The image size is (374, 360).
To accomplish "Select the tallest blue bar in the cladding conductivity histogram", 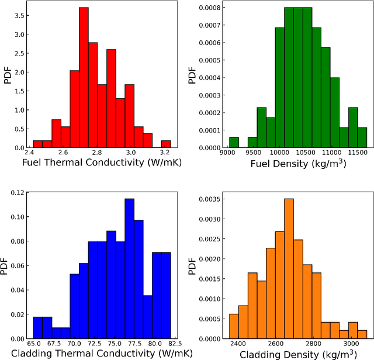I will click(129, 268).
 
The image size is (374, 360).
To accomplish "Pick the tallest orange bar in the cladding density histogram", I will click(289, 268).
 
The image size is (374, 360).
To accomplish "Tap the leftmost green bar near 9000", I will click(234, 143).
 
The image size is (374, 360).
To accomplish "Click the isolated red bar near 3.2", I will click(166, 144).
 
